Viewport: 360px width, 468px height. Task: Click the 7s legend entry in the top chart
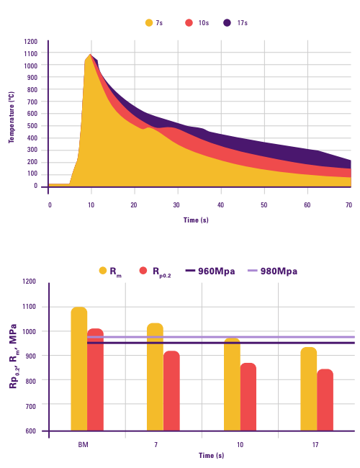[x=153, y=23]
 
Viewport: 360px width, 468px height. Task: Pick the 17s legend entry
[x=235, y=23]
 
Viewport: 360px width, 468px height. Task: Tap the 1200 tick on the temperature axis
[x=30, y=42]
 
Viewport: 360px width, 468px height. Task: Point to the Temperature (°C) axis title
[x=12, y=117]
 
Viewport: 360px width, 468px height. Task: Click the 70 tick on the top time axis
[x=348, y=205]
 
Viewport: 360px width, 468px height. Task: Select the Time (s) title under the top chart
[x=196, y=220]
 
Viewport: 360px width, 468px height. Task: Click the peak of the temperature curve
[x=90, y=55]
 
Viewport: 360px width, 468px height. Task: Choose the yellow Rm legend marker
[x=103, y=271]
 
